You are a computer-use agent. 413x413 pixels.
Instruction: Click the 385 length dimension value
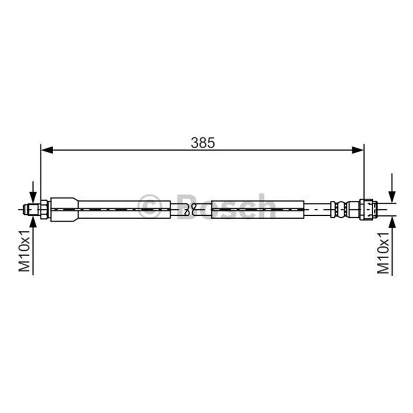click(203, 143)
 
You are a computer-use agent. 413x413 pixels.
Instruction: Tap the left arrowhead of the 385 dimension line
click(47, 150)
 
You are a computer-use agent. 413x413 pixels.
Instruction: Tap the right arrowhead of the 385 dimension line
click(358, 150)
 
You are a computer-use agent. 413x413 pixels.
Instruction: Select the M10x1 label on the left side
click(24, 250)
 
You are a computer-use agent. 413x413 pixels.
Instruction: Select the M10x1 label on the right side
click(383, 253)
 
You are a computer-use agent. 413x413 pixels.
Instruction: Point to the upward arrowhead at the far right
click(392, 223)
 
